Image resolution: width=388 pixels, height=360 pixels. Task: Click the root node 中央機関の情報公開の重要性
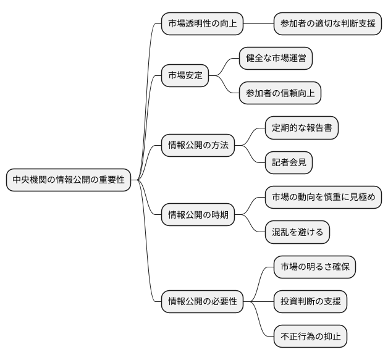point(69,180)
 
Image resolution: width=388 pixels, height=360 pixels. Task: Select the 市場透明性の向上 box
point(202,24)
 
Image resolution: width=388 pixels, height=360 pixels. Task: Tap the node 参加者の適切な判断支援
point(327,24)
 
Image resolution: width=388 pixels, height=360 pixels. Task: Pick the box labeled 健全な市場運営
point(276,59)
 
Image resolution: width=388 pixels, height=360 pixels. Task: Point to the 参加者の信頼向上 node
point(280,93)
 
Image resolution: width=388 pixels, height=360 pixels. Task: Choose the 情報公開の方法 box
point(198,145)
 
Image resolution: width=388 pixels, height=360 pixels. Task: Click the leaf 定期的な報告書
point(302,128)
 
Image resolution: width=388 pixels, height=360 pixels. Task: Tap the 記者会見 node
point(289,162)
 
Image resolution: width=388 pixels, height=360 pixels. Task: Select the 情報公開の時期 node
point(198,214)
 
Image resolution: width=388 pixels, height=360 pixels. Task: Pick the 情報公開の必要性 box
point(202,302)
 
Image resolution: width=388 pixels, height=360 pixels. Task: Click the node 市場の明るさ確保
point(314,267)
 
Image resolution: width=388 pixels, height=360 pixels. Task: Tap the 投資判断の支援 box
point(310,302)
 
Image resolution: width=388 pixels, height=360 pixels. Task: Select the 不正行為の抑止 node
point(310,337)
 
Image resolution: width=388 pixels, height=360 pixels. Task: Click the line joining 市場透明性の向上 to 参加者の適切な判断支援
point(258,24)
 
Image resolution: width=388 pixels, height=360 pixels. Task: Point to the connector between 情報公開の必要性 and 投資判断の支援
point(258,302)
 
